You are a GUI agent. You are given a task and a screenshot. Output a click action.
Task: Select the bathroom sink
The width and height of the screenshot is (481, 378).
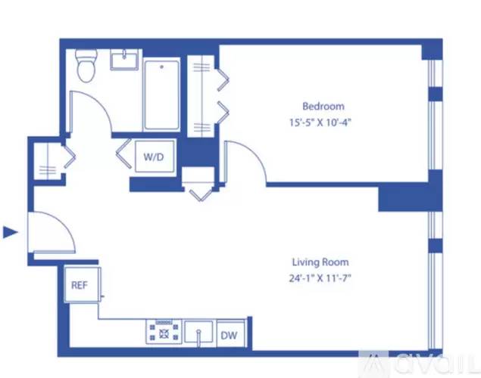click(x=126, y=59)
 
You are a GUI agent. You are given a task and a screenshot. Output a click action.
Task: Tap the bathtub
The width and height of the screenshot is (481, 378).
click(x=161, y=95)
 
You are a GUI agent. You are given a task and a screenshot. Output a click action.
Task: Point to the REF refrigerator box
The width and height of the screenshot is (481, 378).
click(x=79, y=286)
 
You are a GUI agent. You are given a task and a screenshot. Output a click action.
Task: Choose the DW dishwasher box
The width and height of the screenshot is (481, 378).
click(x=228, y=333)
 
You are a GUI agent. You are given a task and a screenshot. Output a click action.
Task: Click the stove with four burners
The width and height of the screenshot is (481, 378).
click(x=163, y=332)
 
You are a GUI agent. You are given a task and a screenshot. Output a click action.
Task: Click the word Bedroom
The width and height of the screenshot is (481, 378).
click(x=323, y=106)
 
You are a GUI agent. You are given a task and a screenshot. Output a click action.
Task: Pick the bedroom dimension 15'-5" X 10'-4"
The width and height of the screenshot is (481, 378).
click(x=323, y=121)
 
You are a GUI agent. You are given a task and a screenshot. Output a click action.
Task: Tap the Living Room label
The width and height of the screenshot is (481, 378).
click(x=320, y=262)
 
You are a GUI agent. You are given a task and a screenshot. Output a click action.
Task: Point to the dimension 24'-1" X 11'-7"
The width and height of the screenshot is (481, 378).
click(x=320, y=277)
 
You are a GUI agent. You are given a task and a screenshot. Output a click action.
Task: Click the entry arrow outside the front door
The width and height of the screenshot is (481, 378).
click(x=10, y=232)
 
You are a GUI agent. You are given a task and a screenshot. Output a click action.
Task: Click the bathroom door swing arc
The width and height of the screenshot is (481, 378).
click(x=91, y=110)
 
